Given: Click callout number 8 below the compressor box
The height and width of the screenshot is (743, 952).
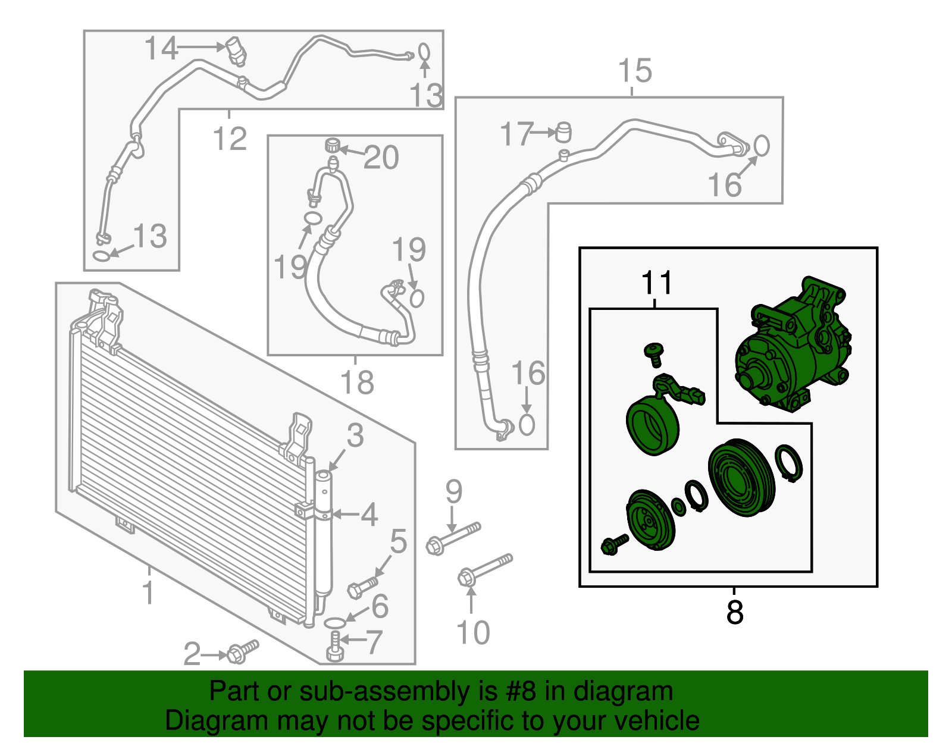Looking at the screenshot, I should pyautogui.click(x=735, y=613).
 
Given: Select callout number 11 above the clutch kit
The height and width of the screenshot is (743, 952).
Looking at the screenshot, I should pyautogui.click(x=656, y=284).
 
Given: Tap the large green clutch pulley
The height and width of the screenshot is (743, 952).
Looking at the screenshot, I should pyautogui.click(x=741, y=479).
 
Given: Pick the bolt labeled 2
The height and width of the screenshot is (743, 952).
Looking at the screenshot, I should pyautogui.click(x=242, y=651).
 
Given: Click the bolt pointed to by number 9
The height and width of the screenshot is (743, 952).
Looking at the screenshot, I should pyautogui.click(x=452, y=537).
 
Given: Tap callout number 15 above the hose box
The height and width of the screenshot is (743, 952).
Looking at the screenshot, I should pyautogui.click(x=635, y=71).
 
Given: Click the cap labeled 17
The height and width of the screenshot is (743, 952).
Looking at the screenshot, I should pyautogui.click(x=563, y=132).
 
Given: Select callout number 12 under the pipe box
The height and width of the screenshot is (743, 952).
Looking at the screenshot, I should pyautogui.click(x=230, y=139).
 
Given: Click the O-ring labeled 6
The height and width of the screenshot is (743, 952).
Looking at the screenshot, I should pyautogui.click(x=335, y=623).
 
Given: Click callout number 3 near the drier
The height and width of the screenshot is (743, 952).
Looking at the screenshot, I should pyautogui.click(x=355, y=436).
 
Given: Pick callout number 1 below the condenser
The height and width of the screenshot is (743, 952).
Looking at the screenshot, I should pyautogui.click(x=148, y=593).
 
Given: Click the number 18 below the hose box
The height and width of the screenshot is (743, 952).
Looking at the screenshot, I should pyautogui.click(x=356, y=383).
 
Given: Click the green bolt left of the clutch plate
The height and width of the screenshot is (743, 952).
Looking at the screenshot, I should pyautogui.click(x=613, y=544).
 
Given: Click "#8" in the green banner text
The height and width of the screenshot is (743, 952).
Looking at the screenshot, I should pyautogui.click(x=521, y=692).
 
